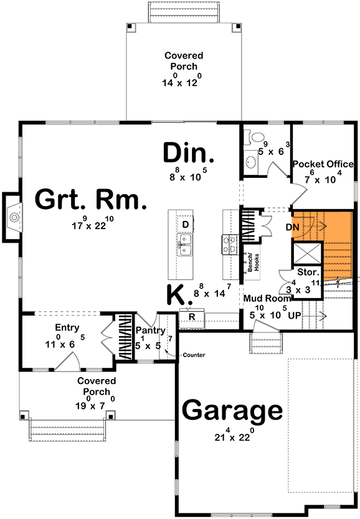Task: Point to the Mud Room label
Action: point(264,298)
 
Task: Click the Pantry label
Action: point(150,330)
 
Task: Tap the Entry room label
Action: point(67,327)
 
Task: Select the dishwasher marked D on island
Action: point(186,224)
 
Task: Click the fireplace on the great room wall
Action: point(12,217)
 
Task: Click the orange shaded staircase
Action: point(336,246)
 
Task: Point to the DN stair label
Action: point(293,227)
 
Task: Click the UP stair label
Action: point(295,315)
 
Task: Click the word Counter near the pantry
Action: point(194,355)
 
